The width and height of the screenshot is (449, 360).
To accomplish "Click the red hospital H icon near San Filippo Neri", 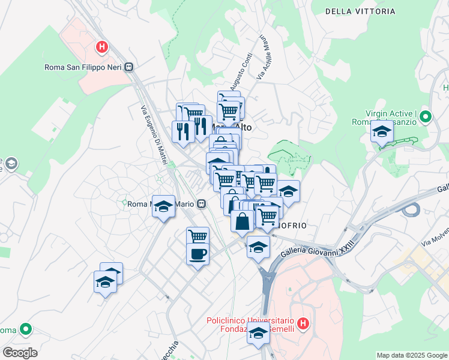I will pos(103,46).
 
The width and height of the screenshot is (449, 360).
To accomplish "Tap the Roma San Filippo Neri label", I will pos(83,67).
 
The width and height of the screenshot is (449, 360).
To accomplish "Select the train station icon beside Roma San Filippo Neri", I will pos(129,67).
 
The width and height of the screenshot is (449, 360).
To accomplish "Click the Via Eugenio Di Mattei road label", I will pos(154,136).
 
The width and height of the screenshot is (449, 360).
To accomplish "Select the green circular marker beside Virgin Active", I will pos(426,116).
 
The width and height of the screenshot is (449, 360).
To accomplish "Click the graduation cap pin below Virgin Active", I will pos(381,131).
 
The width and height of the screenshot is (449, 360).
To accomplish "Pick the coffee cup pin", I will pos(197,254).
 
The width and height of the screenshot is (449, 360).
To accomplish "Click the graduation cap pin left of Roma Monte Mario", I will pos(163,206).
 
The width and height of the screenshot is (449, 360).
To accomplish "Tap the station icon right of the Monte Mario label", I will pos(202,204).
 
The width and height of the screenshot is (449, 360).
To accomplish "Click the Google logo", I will pos(20,352).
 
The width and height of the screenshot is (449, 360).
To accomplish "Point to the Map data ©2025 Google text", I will pos(411,355).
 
